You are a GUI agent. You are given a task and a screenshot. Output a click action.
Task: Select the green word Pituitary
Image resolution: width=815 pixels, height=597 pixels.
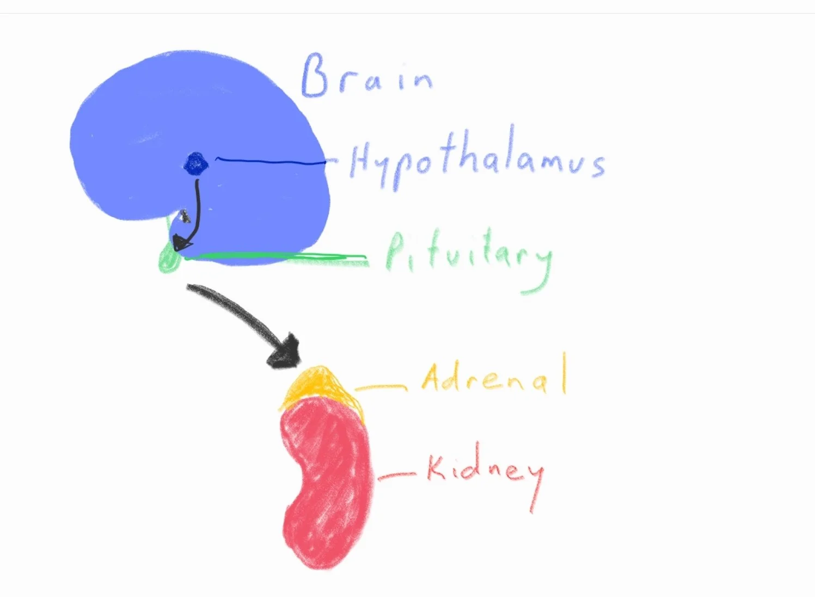click(468, 256)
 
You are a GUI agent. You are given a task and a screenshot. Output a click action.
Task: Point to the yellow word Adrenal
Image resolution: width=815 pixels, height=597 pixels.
click(493, 376)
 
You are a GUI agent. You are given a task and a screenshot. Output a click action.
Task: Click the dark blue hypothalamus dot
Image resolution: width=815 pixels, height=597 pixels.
click(196, 163)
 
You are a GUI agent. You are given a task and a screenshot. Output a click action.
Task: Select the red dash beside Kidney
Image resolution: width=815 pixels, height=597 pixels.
click(396, 476)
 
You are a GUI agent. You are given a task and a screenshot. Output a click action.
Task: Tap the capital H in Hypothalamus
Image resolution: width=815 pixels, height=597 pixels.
click(361, 161)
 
